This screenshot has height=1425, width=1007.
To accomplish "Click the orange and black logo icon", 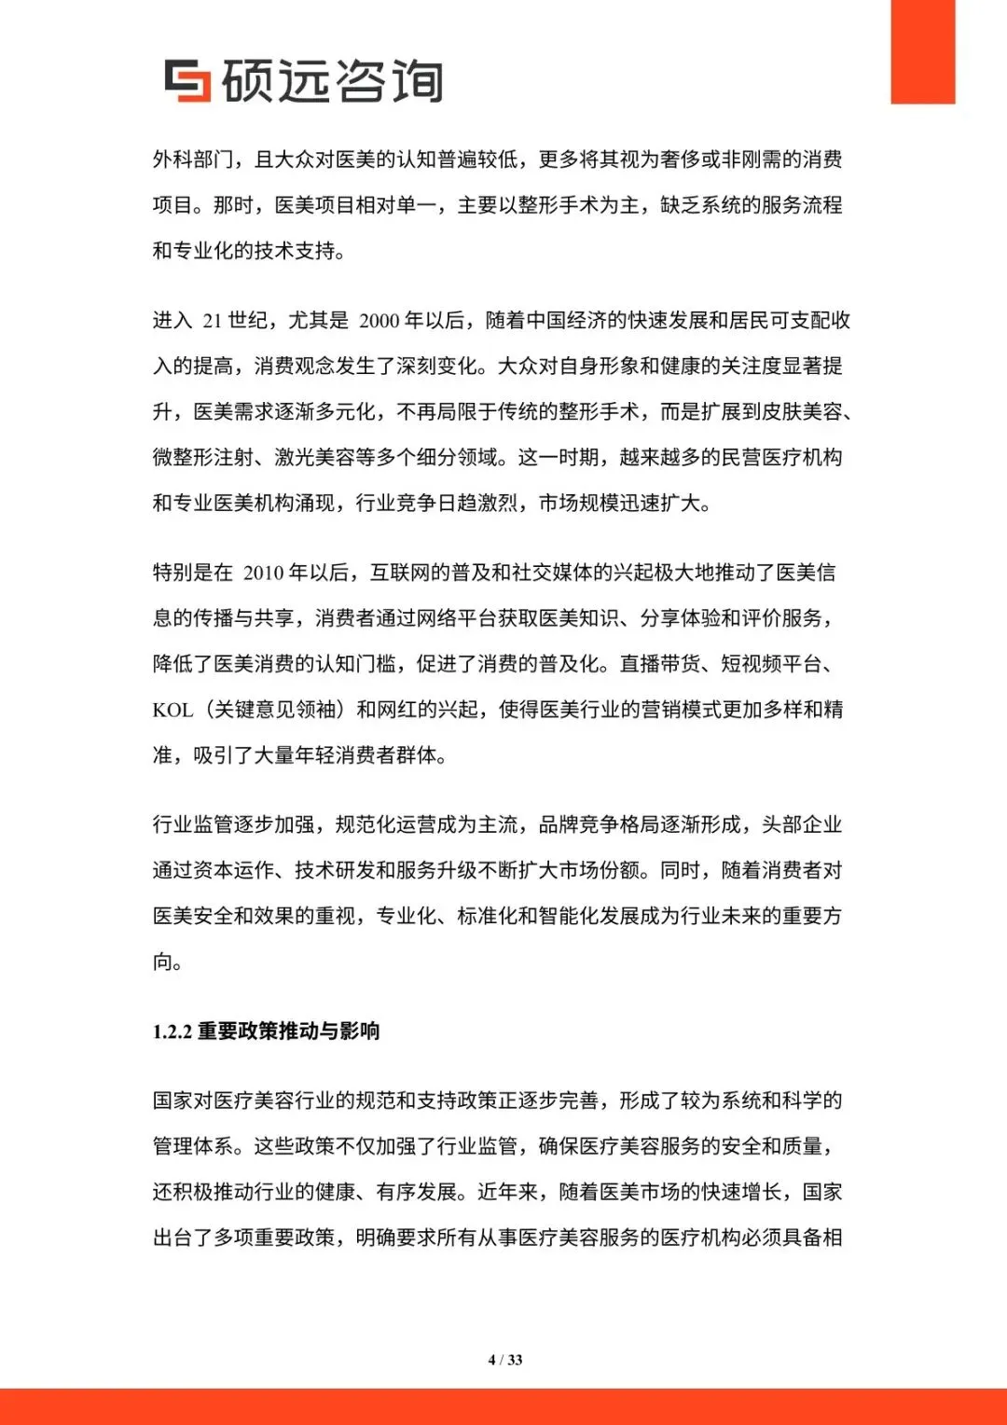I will click(x=187, y=80).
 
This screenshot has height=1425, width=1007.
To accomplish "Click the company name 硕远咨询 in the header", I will click(x=332, y=81).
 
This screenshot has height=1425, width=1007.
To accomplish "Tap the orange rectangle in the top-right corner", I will click(x=922, y=51).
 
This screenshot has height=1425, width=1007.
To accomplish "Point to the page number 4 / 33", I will click(x=505, y=1360).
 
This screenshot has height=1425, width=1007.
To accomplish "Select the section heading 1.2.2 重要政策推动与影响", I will click(x=266, y=1031).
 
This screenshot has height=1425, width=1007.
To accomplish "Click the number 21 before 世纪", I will click(x=212, y=321).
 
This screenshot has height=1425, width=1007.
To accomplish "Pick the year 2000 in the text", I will click(x=379, y=321).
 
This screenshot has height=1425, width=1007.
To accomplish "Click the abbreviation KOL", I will click(x=172, y=710).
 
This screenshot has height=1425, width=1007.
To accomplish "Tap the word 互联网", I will click(x=400, y=573).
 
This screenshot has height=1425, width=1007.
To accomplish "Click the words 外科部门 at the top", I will click(x=193, y=159).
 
